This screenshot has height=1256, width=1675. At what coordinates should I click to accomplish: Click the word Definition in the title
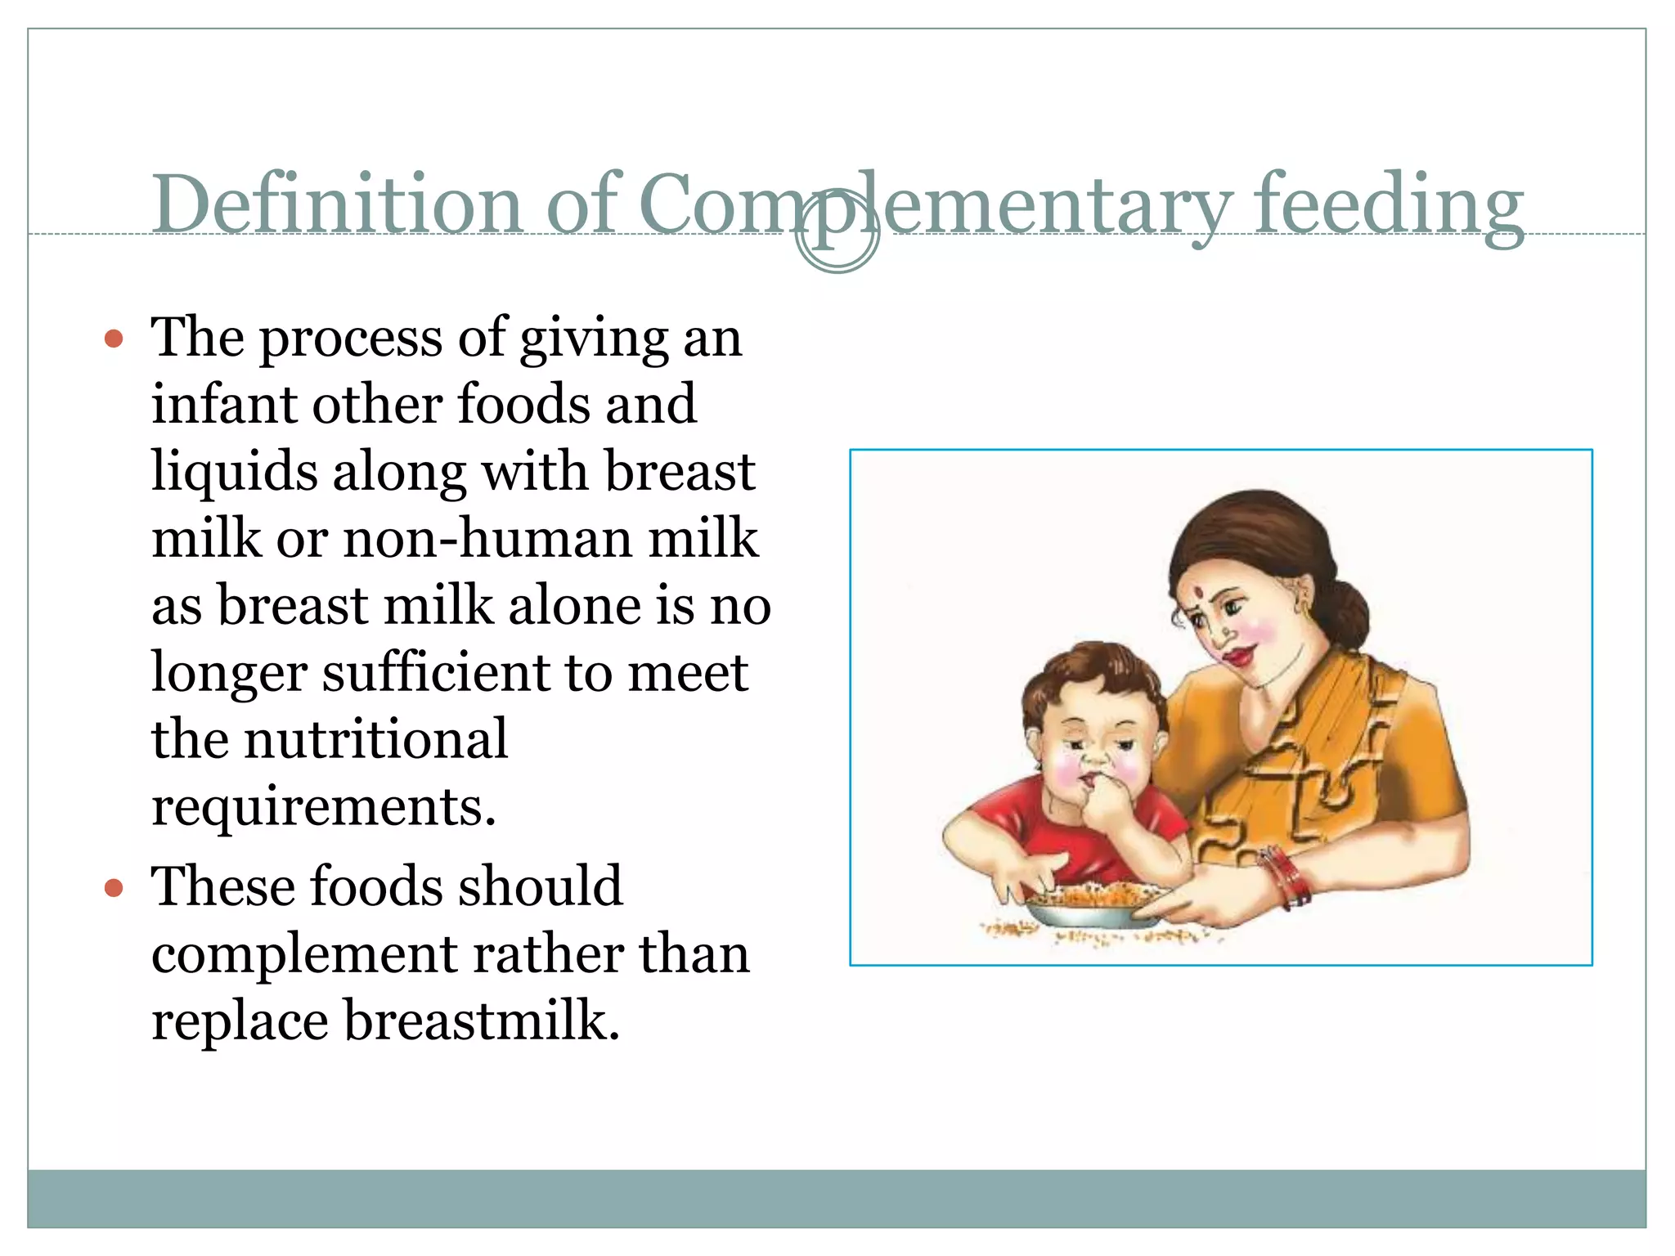pos(336,204)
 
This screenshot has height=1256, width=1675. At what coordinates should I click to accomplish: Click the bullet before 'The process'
pos(115,339)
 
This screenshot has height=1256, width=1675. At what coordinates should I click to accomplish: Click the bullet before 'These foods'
pos(115,888)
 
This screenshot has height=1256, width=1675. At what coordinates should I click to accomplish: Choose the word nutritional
pos(375,739)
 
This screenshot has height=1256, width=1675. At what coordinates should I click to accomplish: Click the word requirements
pos(323,807)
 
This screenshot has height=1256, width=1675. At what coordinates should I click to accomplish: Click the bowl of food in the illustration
pos(1096,908)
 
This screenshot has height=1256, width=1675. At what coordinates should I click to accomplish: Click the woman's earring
pos(1307,608)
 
